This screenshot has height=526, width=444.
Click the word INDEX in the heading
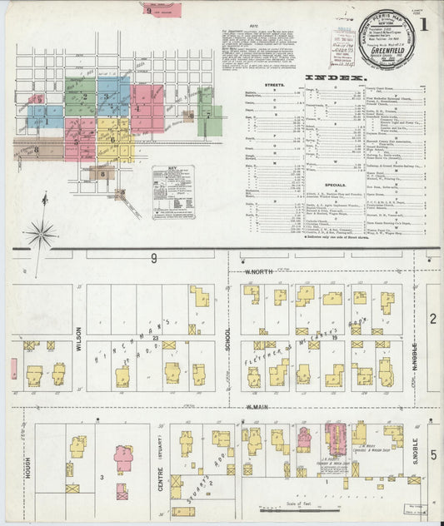tap(336, 77)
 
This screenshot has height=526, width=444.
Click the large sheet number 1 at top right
tap(426, 25)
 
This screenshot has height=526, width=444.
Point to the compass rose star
tap(39, 234)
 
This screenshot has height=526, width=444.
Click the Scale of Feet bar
tap(299, 511)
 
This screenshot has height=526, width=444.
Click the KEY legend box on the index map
tap(172, 187)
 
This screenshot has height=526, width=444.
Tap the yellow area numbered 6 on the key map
tap(114, 141)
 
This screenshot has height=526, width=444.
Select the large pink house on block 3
tap(123, 457)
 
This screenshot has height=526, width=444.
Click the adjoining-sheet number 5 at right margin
tap(433, 454)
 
